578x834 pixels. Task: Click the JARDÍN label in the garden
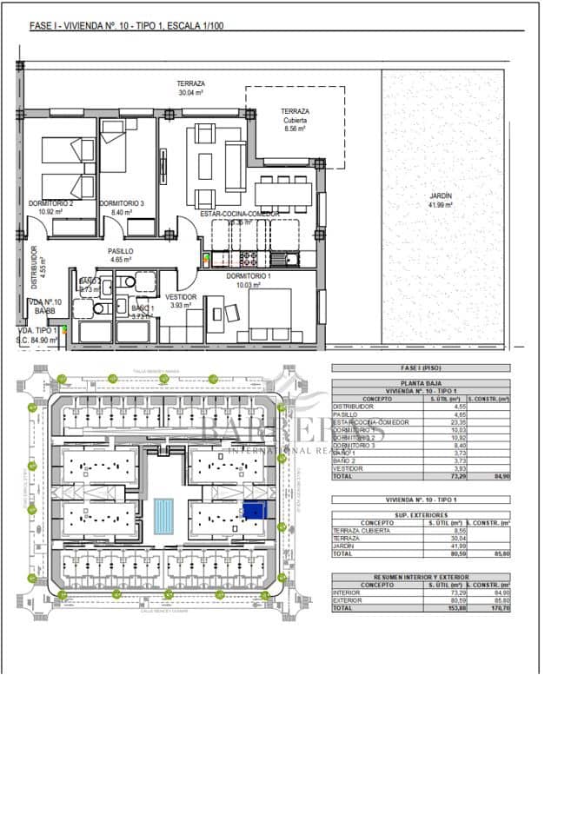(x=441, y=196)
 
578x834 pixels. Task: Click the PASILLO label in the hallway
(x=120, y=250)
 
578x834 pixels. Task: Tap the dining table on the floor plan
(x=282, y=190)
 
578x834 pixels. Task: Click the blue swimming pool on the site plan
(x=163, y=515)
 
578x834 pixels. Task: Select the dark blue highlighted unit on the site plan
(x=254, y=512)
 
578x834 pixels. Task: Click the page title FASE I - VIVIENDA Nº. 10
(x=127, y=26)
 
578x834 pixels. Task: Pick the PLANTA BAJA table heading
(x=420, y=383)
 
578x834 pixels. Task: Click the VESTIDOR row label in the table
(x=347, y=468)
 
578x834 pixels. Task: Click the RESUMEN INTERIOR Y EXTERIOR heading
(x=420, y=578)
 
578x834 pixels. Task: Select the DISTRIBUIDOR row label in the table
(x=353, y=406)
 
